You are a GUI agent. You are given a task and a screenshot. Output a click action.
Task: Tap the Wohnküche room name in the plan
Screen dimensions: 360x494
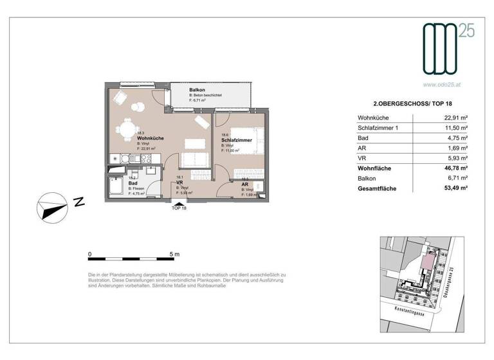coord(150,138)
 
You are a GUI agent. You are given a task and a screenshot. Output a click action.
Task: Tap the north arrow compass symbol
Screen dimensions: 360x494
coord(51,207)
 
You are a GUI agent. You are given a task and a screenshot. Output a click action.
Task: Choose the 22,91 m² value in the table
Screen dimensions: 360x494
coord(454,118)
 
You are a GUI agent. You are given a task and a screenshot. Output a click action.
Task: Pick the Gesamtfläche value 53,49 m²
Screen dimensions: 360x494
coord(453,188)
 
